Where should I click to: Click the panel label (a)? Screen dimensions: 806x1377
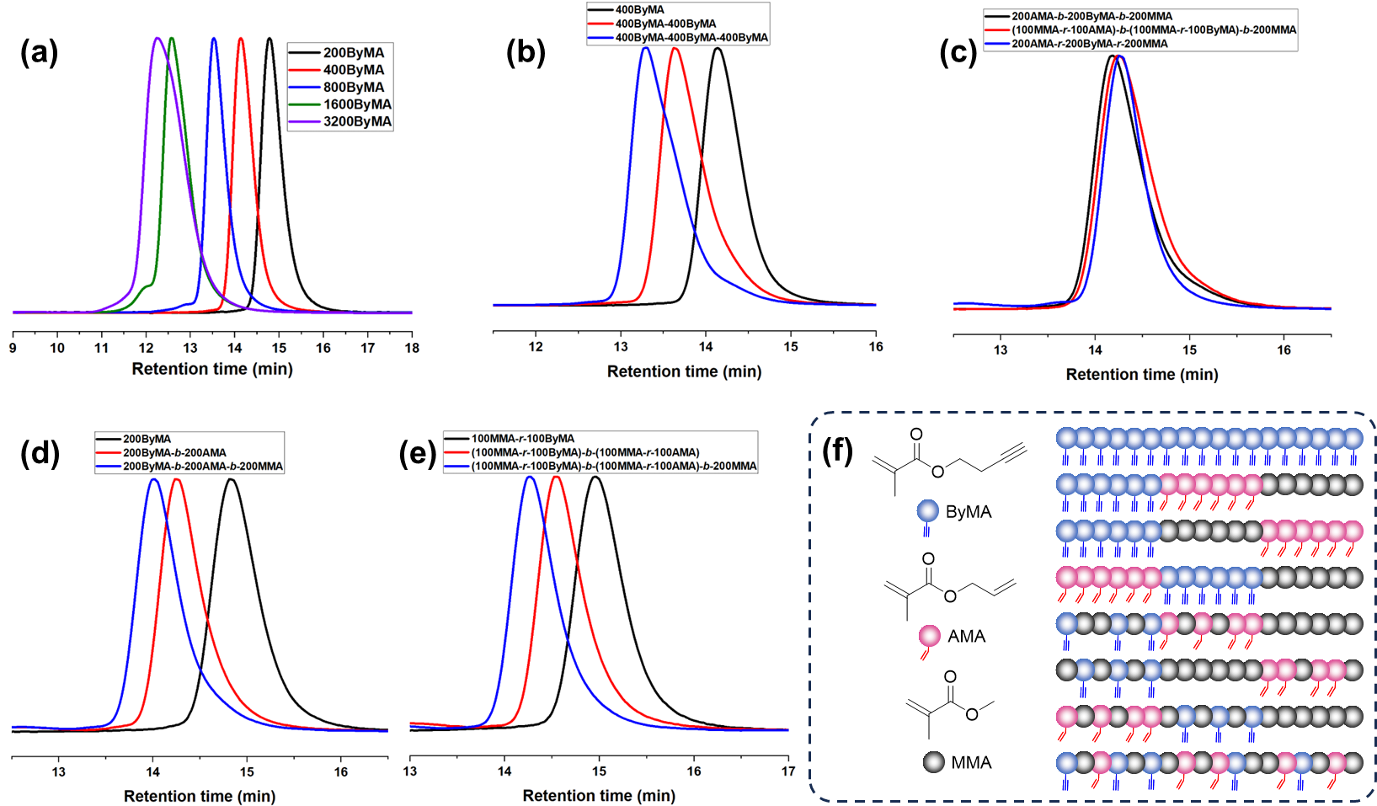pos(39,53)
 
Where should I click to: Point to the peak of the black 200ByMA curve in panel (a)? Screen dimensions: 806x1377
pos(269,39)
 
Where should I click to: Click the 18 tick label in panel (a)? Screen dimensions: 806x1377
pos(412,348)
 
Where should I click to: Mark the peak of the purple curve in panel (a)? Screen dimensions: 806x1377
pos(157,39)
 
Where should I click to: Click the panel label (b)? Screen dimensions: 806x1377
pos(526,52)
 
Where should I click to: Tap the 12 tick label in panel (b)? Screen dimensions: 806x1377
pos(536,347)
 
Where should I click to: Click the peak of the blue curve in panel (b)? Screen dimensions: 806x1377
pos(646,48)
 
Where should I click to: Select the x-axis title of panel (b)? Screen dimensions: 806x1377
pos(684,371)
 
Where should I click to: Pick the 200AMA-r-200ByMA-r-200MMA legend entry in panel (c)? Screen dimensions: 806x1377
pos(1089,44)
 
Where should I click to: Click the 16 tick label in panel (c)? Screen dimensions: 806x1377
pos(1284,350)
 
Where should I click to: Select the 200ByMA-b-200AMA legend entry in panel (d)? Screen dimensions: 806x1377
pos(174,452)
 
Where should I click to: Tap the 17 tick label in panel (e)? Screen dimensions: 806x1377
pos(787,771)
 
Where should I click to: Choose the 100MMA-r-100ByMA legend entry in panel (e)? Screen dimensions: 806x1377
pos(522,439)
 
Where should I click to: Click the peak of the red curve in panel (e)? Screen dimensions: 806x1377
pos(556,477)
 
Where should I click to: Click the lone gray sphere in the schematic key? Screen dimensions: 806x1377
pos(933,762)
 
